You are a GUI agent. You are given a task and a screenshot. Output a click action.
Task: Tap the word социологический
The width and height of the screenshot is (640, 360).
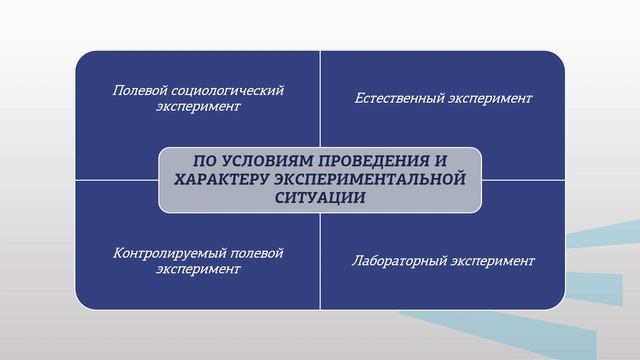coord(227,91)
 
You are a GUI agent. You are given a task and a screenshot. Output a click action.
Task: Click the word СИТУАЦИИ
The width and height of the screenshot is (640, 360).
coord(320,197)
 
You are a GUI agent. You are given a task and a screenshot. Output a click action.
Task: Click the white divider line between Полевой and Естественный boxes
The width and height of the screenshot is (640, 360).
coord(320,100)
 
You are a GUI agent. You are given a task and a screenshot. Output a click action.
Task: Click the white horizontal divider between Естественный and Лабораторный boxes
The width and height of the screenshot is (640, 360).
coord(520,180)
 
